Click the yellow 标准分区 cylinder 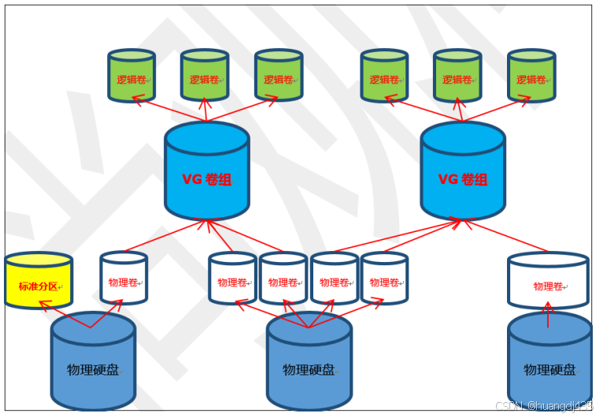click(38, 281)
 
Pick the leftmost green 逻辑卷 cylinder click(131, 76)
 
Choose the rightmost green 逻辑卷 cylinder click(531, 76)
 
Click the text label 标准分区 click(38, 286)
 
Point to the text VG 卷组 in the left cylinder click(207, 179)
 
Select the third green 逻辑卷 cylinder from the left click(279, 76)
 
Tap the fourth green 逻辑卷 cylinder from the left click(384, 76)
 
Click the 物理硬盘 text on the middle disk click(309, 370)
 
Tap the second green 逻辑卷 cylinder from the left click(205, 76)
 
